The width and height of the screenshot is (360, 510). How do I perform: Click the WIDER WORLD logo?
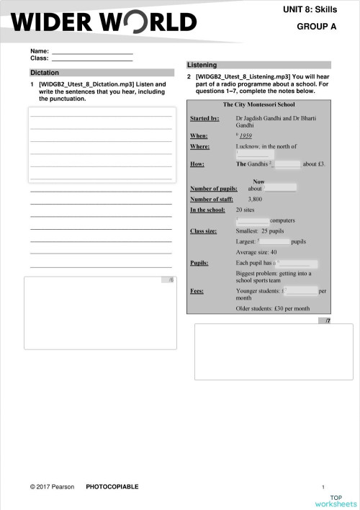pos(103,23)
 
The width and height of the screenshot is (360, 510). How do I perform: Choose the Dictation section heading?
pos(45,73)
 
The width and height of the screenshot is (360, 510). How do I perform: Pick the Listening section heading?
pos(202,65)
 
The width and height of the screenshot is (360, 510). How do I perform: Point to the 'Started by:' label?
pos(204,118)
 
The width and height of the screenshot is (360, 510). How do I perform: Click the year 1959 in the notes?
pos(246,135)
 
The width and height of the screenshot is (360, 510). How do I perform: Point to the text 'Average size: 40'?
pos(256,253)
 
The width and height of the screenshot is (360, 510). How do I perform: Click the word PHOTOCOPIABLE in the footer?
pos(112,487)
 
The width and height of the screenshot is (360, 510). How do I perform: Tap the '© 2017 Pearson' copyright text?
pos(52,487)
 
